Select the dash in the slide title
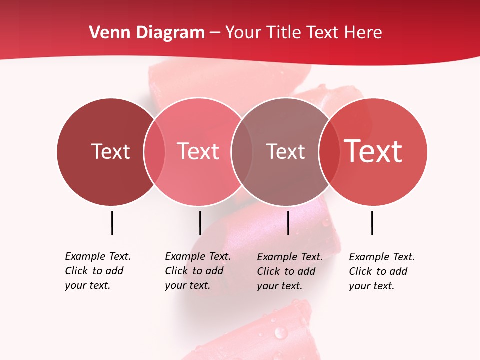click(x=215, y=33)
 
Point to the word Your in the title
click(x=243, y=33)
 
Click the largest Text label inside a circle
click(x=373, y=151)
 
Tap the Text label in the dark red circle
click(x=110, y=151)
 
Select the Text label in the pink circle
click(x=198, y=151)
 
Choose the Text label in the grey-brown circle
click(x=285, y=151)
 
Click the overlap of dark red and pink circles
click(x=154, y=151)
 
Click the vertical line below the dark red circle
click(x=112, y=223)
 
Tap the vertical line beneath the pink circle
click(x=200, y=223)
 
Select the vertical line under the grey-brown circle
click(x=288, y=223)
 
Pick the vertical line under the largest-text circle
click(x=372, y=223)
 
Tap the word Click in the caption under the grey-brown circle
click(x=268, y=271)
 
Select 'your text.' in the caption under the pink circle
click(x=187, y=285)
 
